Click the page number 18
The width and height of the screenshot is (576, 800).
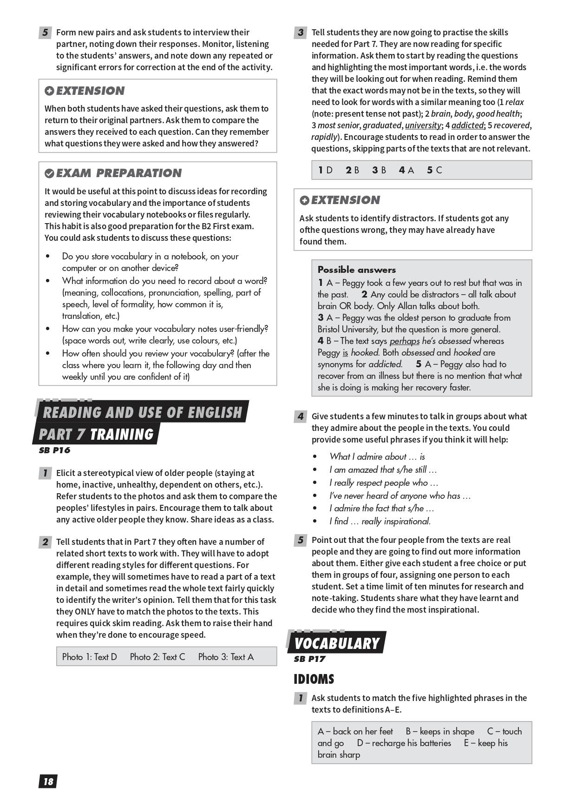click(48, 781)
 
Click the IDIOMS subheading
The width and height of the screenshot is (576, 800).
click(314, 679)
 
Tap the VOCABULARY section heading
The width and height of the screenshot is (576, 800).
click(337, 643)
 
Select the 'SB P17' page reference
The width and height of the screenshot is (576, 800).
click(309, 659)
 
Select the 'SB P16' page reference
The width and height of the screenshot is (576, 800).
click(54, 450)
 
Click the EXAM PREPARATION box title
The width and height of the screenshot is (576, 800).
click(119, 173)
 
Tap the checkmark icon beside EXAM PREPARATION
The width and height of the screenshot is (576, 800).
click(49, 174)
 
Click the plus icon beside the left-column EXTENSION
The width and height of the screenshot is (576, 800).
click(49, 91)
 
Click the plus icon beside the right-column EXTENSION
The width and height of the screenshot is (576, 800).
click(304, 200)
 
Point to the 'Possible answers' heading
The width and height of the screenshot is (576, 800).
click(357, 270)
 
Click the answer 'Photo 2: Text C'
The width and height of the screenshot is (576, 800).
click(157, 657)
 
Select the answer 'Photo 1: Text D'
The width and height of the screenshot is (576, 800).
click(90, 657)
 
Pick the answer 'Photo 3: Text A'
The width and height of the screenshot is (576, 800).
click(226, 657)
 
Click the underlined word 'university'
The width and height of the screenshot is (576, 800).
click(423, 126)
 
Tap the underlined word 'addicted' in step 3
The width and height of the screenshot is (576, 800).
click(467, 126)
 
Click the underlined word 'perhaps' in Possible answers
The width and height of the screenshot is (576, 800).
click(404, 341)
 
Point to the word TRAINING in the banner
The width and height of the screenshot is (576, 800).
click(122, 435)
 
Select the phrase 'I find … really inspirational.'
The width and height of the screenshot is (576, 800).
click(380, 522)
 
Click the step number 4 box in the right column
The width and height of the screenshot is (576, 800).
click(301, 417)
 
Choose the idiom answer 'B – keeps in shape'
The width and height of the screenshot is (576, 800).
click(440, 731)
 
